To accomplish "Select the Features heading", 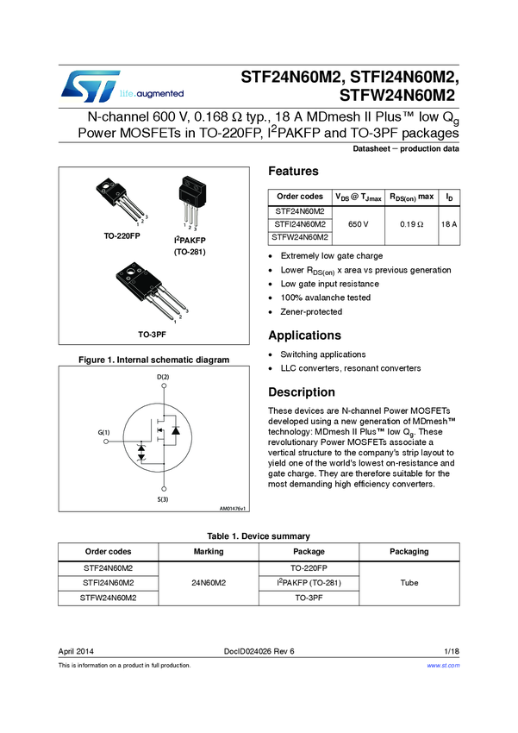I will click(293, 172).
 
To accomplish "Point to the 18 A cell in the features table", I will click(448, 224).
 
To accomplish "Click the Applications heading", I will click(304, 335).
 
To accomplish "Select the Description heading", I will click(302, 392).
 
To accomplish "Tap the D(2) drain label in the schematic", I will click(163, 378).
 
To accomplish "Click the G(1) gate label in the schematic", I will click(103, 431).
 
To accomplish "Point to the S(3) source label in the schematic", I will click(163, 500).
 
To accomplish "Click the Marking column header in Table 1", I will click(209, 552).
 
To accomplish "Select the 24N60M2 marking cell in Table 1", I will click(209, 583).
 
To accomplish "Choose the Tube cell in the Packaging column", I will click(409, 583).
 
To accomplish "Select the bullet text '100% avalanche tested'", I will click(326, 298).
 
